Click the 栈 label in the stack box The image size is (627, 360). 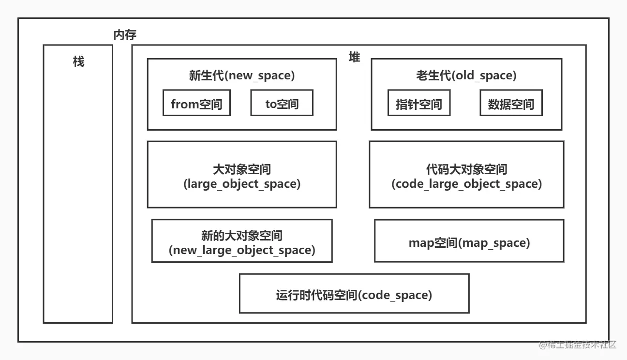(x=78, y=61)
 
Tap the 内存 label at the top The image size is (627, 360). (x=125, y=35)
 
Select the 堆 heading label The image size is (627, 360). (x=355, y=57)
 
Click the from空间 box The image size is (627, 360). (x=196, y=103)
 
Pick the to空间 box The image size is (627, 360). (x=282, y=103)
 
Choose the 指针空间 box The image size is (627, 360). (x=419, y=103)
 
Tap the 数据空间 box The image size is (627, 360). (x=511, y=103)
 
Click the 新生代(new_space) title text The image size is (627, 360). (x=241, y=75)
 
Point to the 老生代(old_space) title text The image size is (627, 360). (x=466, y=75)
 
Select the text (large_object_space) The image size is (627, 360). (x=242, y=184)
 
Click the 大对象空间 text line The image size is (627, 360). (x=242, y=170)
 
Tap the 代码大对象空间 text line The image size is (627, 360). (x=466, y=170)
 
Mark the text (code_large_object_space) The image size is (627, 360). (x=466, y=184)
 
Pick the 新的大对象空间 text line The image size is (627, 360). (x=242, y=236)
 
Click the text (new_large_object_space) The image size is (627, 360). (x=242, y=250)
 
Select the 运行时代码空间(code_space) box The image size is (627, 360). (x=354, y=294)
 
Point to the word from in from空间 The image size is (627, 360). (x=184, y=104)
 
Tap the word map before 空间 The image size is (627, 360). (x=421, y=243)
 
